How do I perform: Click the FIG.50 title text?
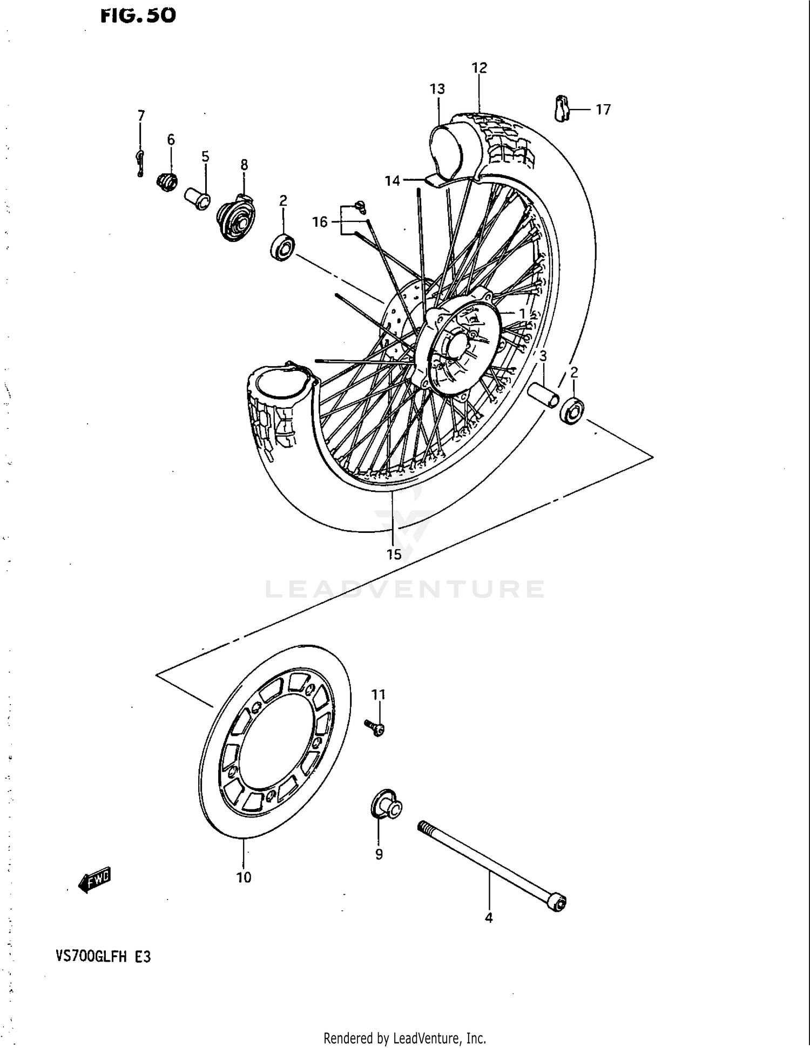tap(138, 16)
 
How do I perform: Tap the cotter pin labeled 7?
tap(140, 164)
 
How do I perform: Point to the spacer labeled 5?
tap(197, 198)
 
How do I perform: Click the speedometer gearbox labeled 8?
tap(236, 218)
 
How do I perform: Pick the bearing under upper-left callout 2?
tap(282, 248)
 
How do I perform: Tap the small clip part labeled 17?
tap(562, 108)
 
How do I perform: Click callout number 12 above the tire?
tap(479, 68)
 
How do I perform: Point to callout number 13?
tap(437, 89)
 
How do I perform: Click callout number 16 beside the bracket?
tap(320, 222)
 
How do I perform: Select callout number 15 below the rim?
tap(394, 555)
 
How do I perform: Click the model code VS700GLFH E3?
tap(103, 957)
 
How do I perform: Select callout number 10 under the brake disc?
tap(244, 878)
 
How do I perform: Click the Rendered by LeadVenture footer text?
tap(404, 1038)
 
